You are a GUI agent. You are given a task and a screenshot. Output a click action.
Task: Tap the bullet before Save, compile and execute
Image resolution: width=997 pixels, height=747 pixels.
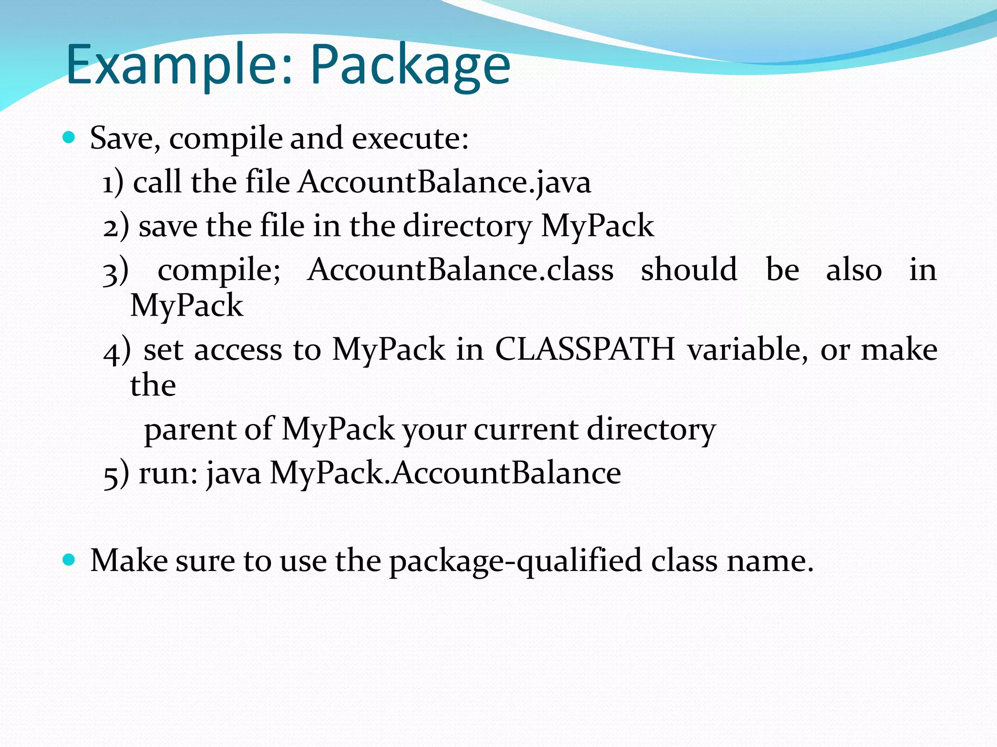(x=69, y=138)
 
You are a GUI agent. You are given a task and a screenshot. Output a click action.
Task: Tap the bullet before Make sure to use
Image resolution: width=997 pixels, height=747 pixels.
(x=69, y=560)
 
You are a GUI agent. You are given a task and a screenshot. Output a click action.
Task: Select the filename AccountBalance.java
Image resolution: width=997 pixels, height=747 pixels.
(x=444, y=182)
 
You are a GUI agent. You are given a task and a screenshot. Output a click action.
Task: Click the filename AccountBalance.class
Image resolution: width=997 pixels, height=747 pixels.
(x=460, y=270)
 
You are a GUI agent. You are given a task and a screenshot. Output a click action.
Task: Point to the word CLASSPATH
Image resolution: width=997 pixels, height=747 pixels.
(x=585, y=349)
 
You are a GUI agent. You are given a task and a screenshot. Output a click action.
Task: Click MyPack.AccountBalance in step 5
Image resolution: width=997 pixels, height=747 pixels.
(x=445, y=473)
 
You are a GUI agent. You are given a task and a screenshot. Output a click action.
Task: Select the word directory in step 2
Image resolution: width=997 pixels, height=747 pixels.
(x=467, y=226)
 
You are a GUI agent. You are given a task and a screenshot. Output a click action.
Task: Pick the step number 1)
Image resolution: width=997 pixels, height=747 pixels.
(x=113, y=183)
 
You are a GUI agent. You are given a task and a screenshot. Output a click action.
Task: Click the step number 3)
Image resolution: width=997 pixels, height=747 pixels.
(x=116, y=271)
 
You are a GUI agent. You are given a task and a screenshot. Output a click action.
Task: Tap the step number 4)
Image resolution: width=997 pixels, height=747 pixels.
(x=117, y=350)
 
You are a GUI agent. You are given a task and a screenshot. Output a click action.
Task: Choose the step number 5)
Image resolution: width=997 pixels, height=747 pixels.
(x=116, y=474)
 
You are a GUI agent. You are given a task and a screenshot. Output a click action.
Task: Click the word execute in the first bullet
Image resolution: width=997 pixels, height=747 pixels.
(x=410, y=139)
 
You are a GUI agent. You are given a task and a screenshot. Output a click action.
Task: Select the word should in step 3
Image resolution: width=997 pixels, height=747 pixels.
(x=689, y=270)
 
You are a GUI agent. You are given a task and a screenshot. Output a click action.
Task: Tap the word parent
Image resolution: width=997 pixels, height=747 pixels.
(x=190, y=430)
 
